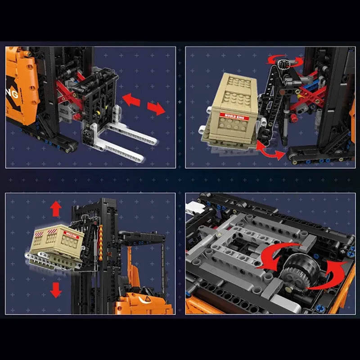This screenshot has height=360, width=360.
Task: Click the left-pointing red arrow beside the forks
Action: coord(131,99)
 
